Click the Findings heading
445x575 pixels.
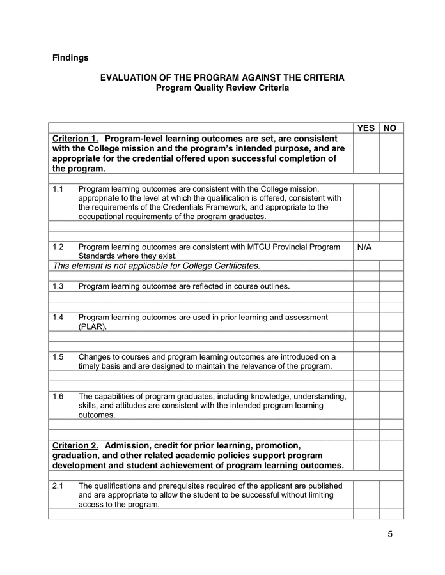70,58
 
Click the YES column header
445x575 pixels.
366,128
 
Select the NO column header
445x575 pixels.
390,128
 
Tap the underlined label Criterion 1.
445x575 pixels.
75,139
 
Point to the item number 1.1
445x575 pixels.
58,189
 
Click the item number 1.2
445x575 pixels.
58,247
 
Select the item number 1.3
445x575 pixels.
58,286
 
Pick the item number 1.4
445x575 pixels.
58,317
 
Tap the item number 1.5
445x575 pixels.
58,356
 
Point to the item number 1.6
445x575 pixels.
58,396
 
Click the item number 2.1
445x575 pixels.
58,486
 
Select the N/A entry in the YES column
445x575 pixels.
364,247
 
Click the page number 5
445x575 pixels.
390,534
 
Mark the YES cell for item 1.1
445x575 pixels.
366,203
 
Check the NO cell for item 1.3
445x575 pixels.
391,286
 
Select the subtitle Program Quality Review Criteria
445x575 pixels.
222,88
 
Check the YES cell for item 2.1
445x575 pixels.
366,494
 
